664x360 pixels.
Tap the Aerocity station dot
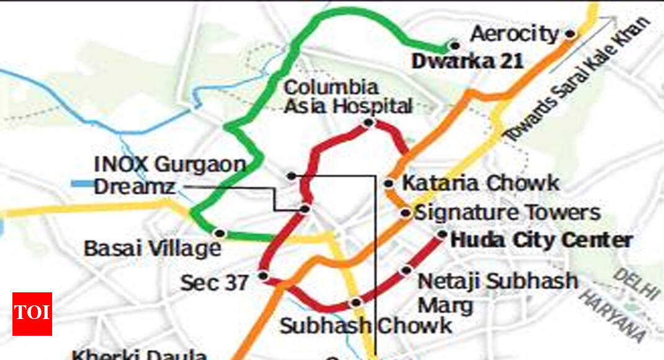[x=570, y=35]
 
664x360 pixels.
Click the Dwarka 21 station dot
[x=455, y=45]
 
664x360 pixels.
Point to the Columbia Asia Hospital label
[x=348, y=97]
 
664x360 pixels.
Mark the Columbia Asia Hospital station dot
[x=368, y=123]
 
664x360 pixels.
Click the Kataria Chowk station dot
[x=389, y=183]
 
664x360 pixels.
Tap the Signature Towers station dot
[x=405, y=213]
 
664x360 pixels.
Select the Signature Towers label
[x=507, y=213]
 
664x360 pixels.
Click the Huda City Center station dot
[x=442, y=235]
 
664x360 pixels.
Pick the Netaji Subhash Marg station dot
[x=407, y=270]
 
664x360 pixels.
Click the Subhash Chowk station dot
[x=356, y=302]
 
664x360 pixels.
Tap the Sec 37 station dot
[x=263, y=276]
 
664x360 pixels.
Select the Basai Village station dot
[x=218, y=233]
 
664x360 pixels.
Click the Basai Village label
[x=153, y=249]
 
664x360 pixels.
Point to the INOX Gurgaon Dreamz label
[x=169, y=175]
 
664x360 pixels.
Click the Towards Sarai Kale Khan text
[x=577, y=78]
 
